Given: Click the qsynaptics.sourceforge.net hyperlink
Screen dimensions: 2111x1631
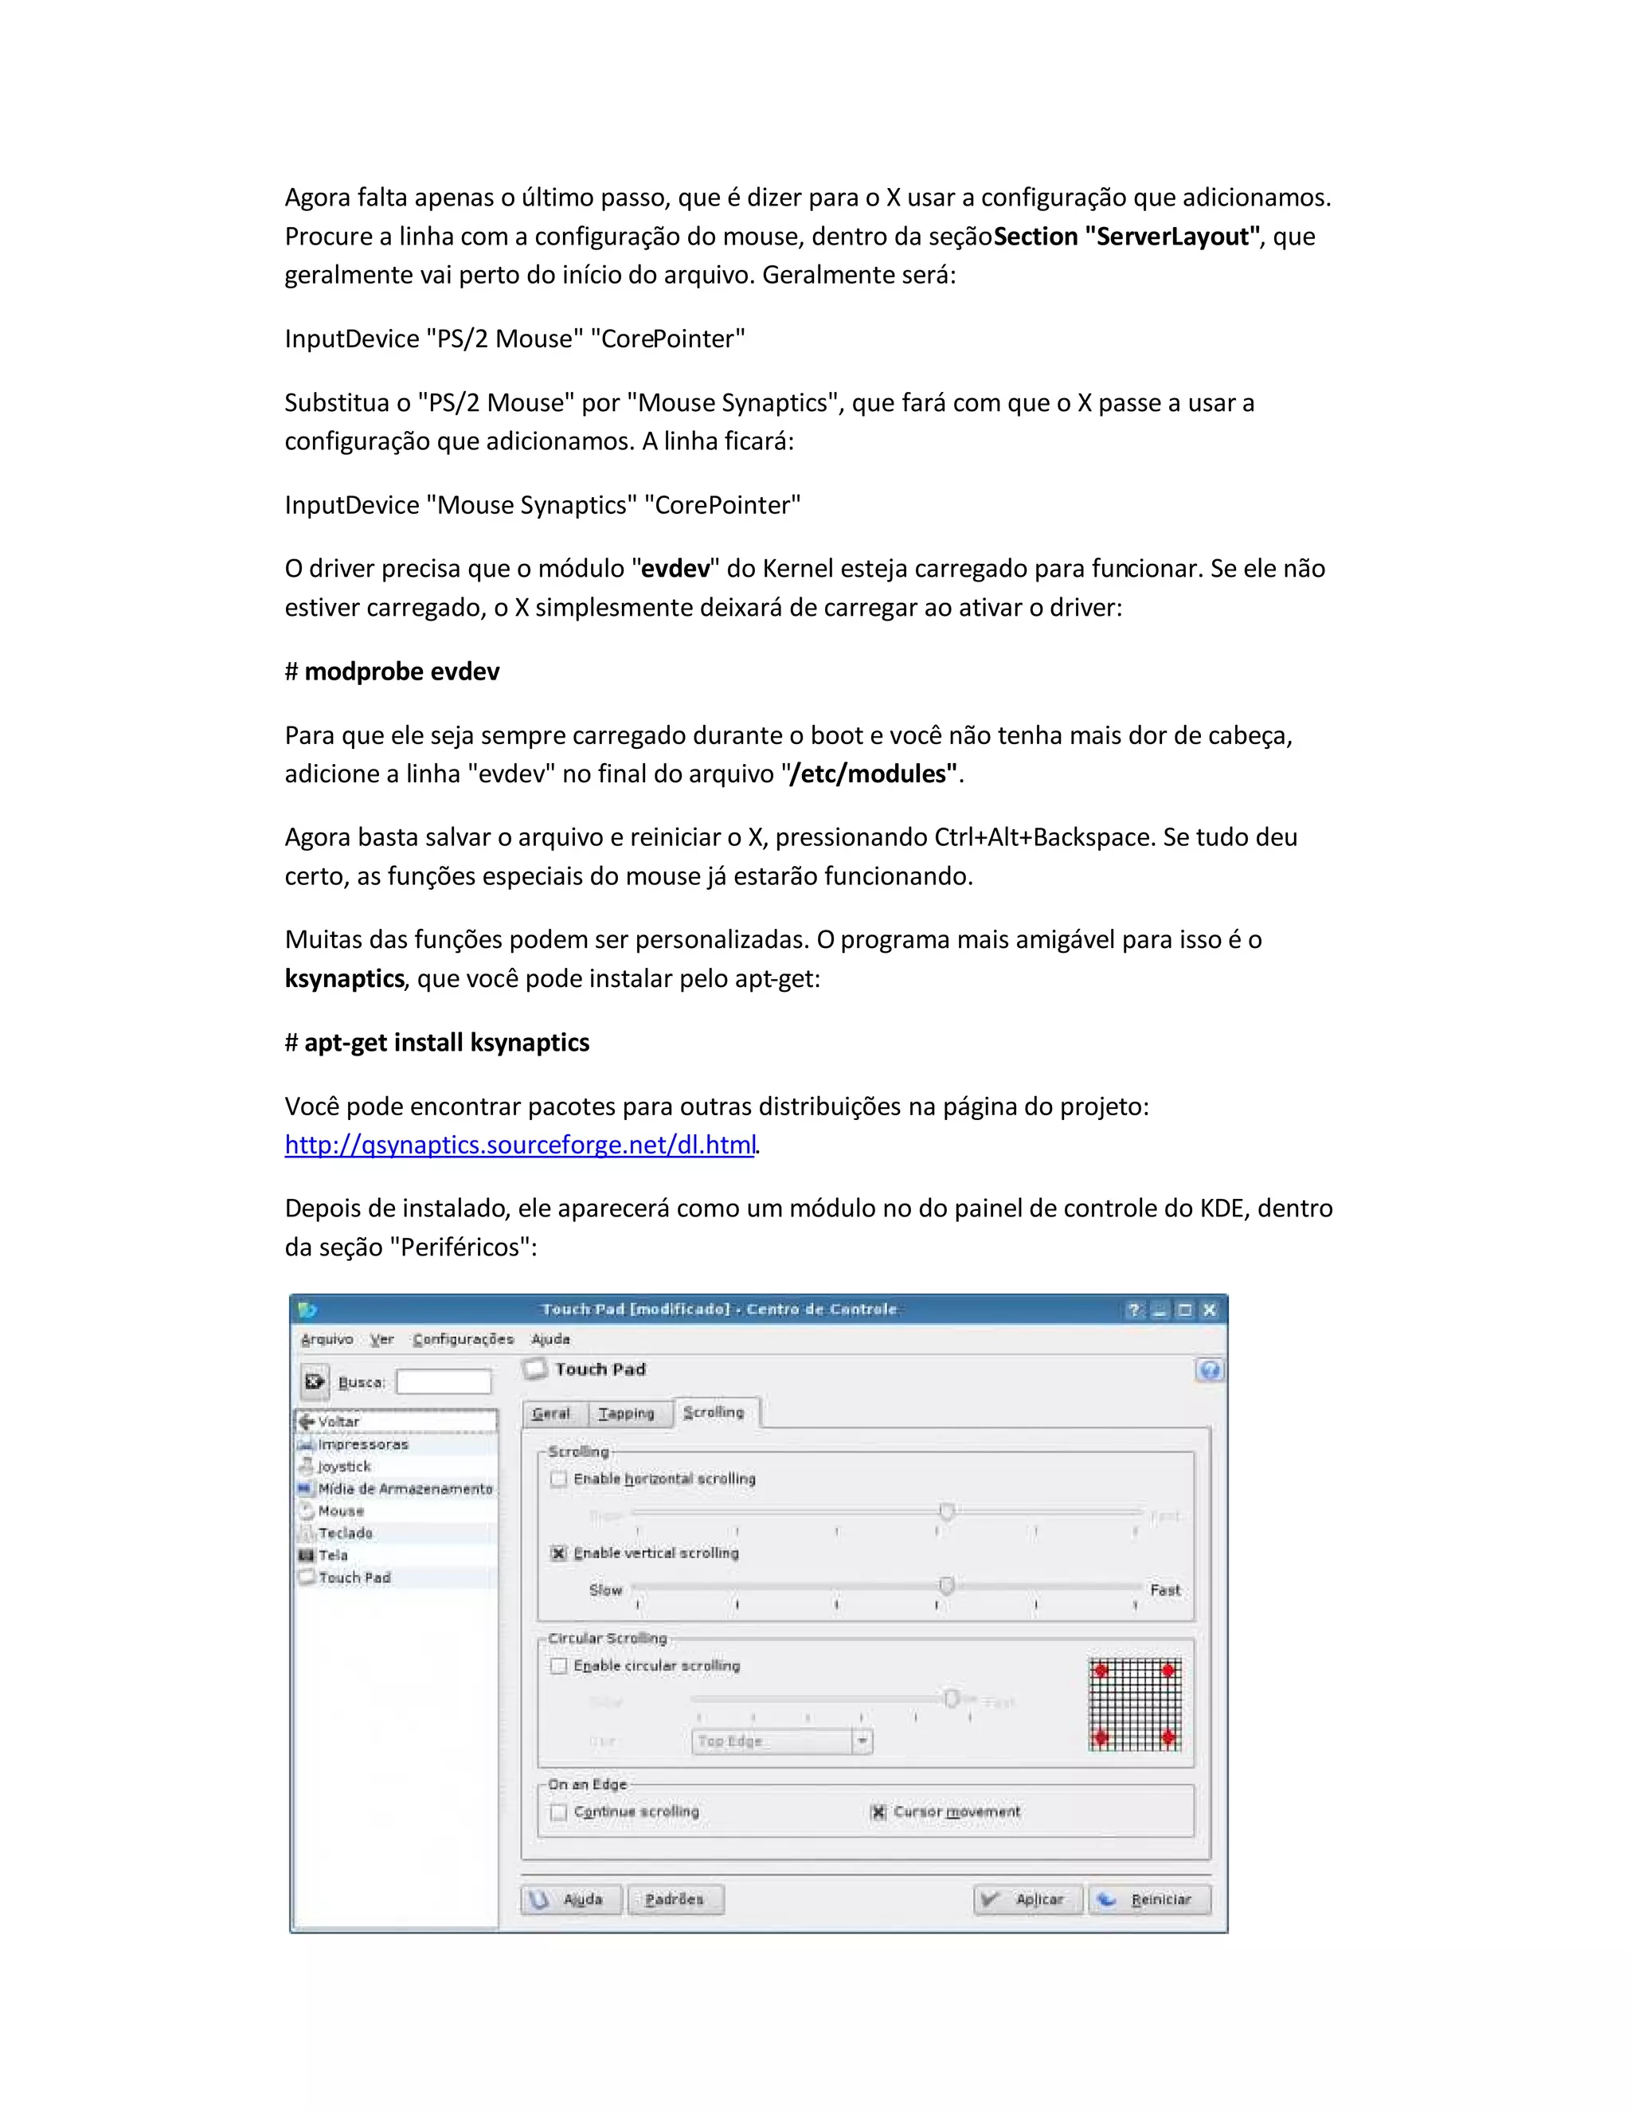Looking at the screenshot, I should click(520, 1146).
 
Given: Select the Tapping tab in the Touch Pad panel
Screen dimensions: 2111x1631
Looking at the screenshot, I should click(626, 1413).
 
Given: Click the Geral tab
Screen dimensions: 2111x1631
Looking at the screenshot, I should click(551, 1413).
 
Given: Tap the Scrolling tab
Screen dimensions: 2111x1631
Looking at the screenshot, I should click(714, 1412).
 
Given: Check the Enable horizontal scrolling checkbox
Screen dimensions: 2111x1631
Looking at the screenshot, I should click(558, 1478).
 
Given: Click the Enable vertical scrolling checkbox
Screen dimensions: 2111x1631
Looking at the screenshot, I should click(558, 1553).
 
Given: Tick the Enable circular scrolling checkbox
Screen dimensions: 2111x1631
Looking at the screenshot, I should click(558, 1666).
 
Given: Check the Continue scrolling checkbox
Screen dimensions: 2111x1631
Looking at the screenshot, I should click(558, 1811).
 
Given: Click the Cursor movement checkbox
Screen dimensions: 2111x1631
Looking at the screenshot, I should click(878, 1811).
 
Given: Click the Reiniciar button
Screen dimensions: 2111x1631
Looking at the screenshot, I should click(1149, 1899).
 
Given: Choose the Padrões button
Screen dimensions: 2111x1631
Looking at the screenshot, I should click(675, 1899).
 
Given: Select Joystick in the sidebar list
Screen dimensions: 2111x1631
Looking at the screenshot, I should click(344, 1467).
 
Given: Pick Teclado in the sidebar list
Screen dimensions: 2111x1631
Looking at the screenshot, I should click(345, 1533).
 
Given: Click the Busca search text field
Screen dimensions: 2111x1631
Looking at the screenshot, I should click(444, 1382).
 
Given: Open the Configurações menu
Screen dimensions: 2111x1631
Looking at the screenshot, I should click(463, 1339).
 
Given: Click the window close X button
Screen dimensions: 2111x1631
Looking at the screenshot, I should click(1209, 1310).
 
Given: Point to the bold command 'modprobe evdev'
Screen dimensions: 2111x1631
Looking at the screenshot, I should click(402, 672).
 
